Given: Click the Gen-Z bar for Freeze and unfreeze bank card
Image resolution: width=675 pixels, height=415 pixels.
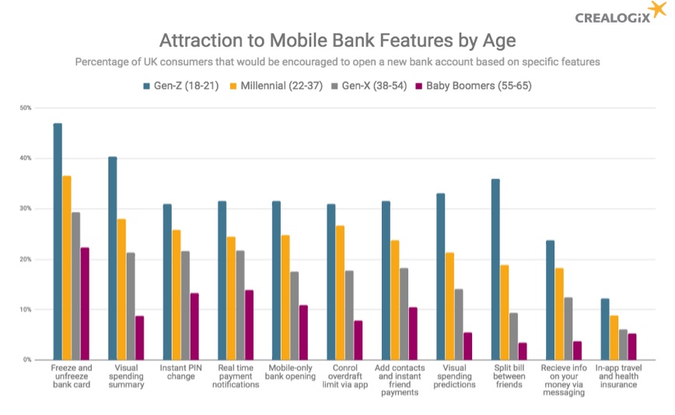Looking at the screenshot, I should click(x=58, y=242).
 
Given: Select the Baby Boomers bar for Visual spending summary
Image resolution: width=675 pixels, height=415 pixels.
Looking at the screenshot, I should click(x=139, y=338).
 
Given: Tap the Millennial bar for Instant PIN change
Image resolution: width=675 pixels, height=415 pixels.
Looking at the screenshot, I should click(x=177, y=295).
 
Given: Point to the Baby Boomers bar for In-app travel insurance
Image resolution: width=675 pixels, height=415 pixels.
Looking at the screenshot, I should click(x=632, y=347).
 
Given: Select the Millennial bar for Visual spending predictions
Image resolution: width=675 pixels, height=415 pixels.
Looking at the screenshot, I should click(x=450, y=306).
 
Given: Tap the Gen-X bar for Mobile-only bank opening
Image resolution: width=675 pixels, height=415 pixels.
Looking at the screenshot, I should click(x=294, y=316).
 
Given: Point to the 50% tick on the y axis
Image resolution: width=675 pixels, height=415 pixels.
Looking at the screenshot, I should click(x=26, y=108).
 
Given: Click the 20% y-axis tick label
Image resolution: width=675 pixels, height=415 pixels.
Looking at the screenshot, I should click(x=26, y=260).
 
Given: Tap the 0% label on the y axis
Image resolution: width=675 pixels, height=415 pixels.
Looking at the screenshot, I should click(x=27, y=360).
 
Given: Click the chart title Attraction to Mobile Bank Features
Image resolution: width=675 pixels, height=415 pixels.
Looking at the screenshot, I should click(x=337, y=40).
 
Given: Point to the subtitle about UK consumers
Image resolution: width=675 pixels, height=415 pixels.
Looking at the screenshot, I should click(x=337, y=62).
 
